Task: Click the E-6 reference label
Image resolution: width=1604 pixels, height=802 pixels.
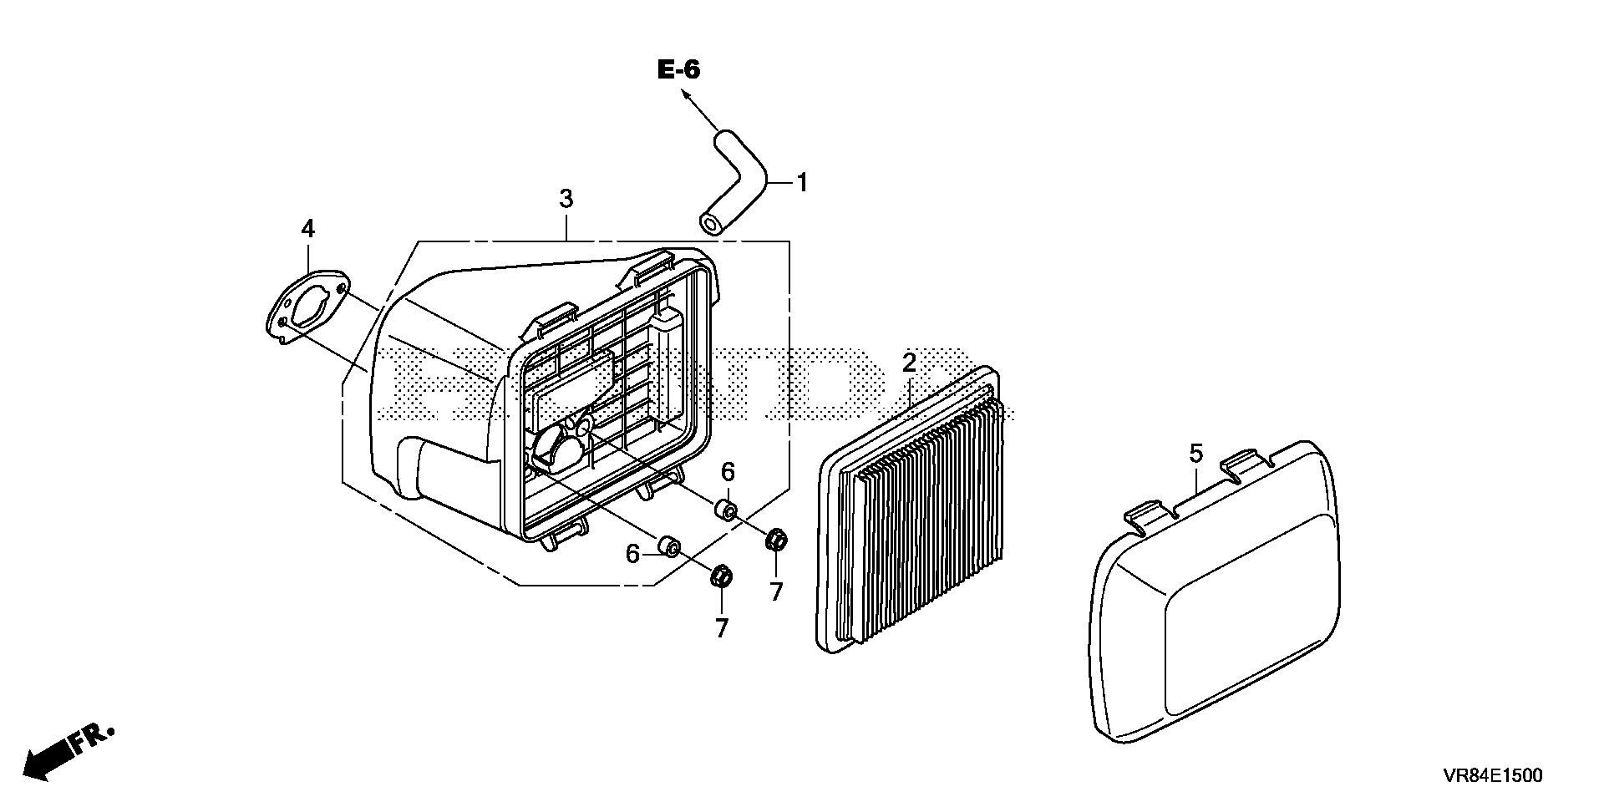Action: (678, 70)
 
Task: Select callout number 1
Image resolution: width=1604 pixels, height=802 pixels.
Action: (802, 182)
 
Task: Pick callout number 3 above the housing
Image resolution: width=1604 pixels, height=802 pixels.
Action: (566, 200)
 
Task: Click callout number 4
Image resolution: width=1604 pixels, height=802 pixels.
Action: (308, 228)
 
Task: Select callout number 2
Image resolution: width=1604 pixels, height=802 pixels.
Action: (909, 363)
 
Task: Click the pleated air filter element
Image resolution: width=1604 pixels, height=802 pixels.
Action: (919, 510)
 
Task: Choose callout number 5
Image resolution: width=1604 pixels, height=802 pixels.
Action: (1195, 454)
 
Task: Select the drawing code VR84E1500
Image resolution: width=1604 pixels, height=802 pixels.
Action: (1492, 775)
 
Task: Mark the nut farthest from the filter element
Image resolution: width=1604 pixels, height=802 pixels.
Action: (722, 576)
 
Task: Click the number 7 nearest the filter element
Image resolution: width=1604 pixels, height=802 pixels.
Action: (776, 591)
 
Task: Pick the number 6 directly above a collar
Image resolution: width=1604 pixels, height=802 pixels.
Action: (728, 472)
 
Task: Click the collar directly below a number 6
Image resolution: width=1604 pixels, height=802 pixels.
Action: (725, 510)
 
